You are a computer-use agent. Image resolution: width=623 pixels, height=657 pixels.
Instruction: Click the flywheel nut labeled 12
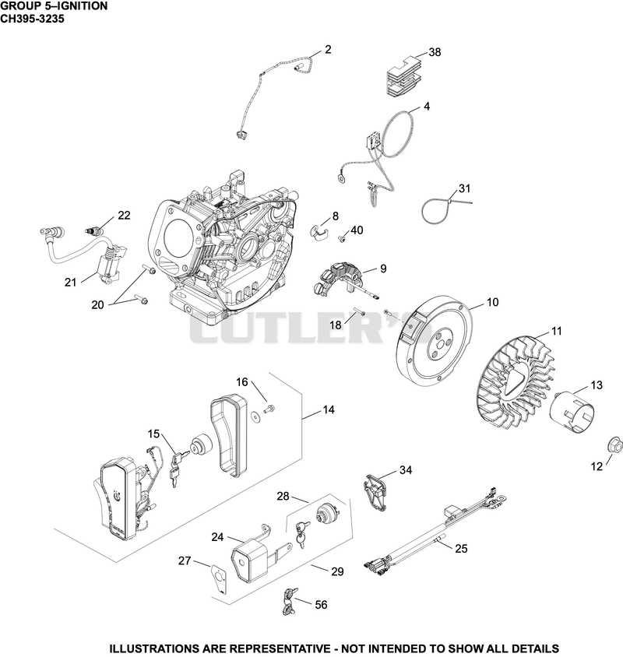(615, 444)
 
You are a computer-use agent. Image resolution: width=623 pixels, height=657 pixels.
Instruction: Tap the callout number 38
(435, 52)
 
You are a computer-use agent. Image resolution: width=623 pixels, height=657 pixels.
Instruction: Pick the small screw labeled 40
(342, 239)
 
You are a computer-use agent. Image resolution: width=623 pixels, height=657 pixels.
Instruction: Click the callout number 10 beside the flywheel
(493, 302)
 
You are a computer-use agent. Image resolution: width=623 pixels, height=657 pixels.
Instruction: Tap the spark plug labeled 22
(94, 231)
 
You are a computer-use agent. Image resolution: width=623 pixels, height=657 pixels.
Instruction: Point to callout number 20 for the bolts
(97, 304)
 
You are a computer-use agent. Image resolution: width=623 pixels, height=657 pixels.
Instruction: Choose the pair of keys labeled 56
(290, 600)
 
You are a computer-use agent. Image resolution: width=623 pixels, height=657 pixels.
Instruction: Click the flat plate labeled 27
(220, 579)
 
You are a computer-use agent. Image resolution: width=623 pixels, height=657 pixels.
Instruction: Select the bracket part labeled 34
(375, 492)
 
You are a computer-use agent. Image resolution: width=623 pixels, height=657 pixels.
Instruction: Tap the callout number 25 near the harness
(461, 549)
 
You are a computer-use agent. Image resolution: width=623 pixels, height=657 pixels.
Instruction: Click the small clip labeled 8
(321, 233)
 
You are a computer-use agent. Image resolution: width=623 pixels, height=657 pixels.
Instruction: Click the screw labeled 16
(269, 408)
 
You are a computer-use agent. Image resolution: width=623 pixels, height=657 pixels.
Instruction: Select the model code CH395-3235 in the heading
(32, 19)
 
